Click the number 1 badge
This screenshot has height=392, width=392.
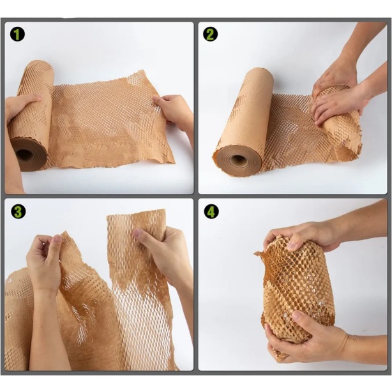pyautogui.click(x=17, y=34)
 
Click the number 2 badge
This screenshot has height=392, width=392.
pyautogui.click(x=210, y=34)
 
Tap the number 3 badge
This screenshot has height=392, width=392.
pyautogui.click(x=18, y=212)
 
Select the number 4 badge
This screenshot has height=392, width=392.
pyautogui.click(x=211, y=212)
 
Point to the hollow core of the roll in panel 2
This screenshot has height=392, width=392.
pyautogui.click(x=236, y=160)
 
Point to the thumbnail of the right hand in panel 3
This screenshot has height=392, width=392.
pyautogui.click(x=137, y=233)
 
